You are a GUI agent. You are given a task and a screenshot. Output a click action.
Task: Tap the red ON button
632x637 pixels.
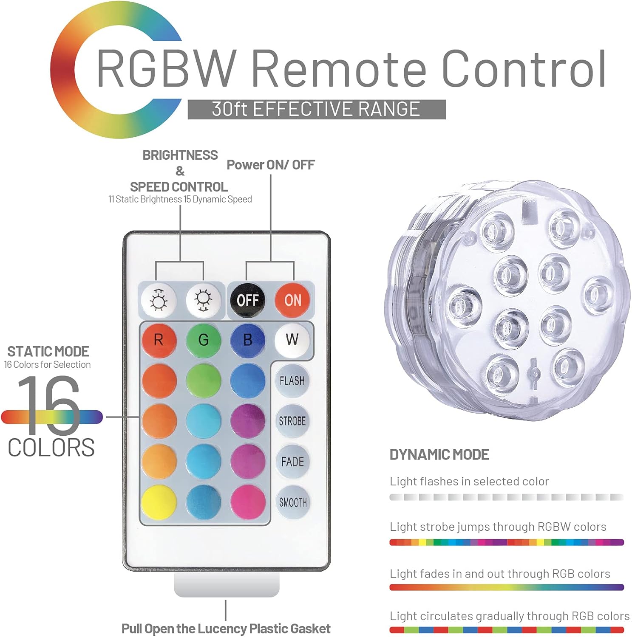pyautogui.click(x=292, y=300)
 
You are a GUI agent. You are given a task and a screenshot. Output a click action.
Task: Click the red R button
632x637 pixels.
pyautogui.click(x=159, y=340)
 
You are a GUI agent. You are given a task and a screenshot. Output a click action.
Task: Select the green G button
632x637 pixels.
pyautogui.click(x=204, y=340)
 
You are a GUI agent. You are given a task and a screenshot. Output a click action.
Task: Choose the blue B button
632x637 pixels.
pyautogui.click(x=248, y=340)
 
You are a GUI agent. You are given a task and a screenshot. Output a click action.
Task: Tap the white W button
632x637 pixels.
pyautogui.click(x=292, y=340)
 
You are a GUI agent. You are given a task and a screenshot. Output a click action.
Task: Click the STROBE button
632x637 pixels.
pyautogui.click(x=292, y=421)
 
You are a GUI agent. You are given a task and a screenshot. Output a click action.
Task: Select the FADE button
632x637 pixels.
pyautogui.click(x=292, y=462)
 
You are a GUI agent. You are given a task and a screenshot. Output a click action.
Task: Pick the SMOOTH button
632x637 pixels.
pyautogui.click(x=292, y=502)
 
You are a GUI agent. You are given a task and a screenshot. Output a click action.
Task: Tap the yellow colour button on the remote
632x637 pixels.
pyautogui.click(x=159, y=502)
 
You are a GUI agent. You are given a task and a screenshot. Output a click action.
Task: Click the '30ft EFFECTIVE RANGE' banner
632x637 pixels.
pyautogui.click(x=317, y=110)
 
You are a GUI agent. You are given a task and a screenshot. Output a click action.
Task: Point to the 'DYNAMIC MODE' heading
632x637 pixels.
pyautogui.click(x=439, y=455)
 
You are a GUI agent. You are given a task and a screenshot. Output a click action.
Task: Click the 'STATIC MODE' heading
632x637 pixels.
pyautogui.click(x=48, y=352)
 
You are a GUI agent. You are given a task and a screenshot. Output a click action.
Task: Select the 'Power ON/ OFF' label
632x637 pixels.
pyautogui.click(x=271, y=165)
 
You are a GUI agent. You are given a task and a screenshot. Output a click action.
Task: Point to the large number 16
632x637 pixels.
pyautogui.click(x=49, y=406)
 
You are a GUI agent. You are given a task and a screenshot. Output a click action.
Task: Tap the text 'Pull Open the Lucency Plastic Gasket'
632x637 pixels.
pyautogui.click(x=226, y=629)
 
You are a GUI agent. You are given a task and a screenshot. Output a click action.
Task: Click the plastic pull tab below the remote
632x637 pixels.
pyautogui.click(x=227, y=585)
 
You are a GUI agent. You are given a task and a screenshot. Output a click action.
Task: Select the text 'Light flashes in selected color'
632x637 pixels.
pyautogui.click(x=469, y=482)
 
